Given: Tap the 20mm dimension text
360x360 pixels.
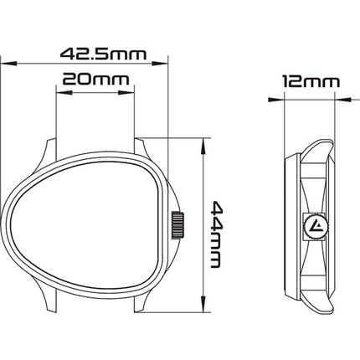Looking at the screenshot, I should pyautogui.click(x=94, y=81).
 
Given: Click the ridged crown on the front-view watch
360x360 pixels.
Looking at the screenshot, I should pyautogui.click(x=177, y=225).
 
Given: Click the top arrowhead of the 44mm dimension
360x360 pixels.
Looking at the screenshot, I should pyautogui.click(x=203, y=144).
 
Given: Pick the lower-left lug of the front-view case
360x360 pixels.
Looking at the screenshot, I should pyautogui.click(x=45, y=298).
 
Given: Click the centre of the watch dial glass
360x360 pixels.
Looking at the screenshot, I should pyautogui.click(x=88, y=224).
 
